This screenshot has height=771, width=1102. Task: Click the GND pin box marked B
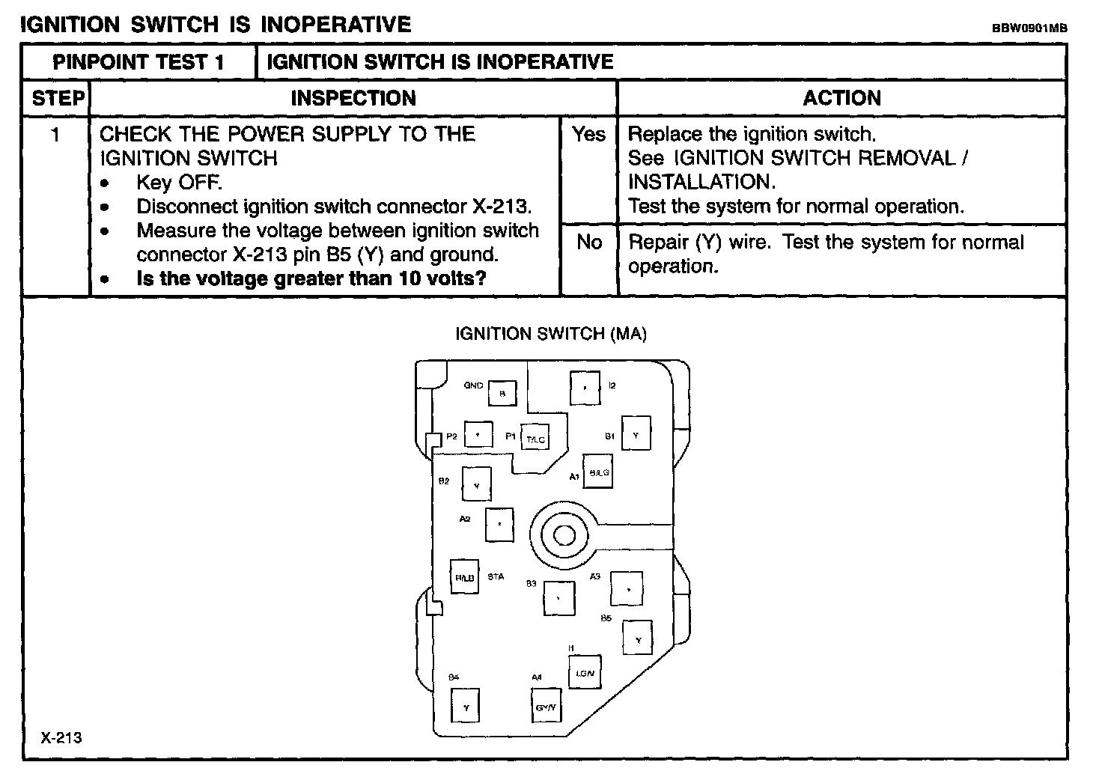tap(502, 393)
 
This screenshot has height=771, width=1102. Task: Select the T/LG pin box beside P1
tap(535, 439)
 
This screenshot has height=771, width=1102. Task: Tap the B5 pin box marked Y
tap(638, 639)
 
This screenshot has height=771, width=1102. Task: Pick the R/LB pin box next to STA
tap(464, 577)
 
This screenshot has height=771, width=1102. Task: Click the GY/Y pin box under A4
tap(546, 706)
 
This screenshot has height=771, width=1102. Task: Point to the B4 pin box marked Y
tap(466, 706)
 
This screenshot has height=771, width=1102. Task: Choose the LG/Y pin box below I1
tap(585, 672)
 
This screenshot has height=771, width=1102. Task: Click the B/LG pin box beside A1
tap(598, 472)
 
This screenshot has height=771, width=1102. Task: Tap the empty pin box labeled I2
tap(585, 388)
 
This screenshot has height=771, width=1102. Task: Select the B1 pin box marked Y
tap(636, 434)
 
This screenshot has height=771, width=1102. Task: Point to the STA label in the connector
tap(496, 577)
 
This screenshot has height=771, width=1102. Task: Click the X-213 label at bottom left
tap(61, 738)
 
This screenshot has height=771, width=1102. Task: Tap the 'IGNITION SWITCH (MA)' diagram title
tap(551, 334)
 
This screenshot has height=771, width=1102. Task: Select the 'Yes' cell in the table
tap(588, 134)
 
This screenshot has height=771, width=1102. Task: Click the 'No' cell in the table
tap(589, 242)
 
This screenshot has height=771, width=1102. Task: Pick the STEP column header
tap(57, 98)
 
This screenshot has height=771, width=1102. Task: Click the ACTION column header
tap(841, 98)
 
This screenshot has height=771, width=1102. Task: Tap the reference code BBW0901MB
tap(1029, 28)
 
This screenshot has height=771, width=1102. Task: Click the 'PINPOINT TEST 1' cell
tap(138, 62)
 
